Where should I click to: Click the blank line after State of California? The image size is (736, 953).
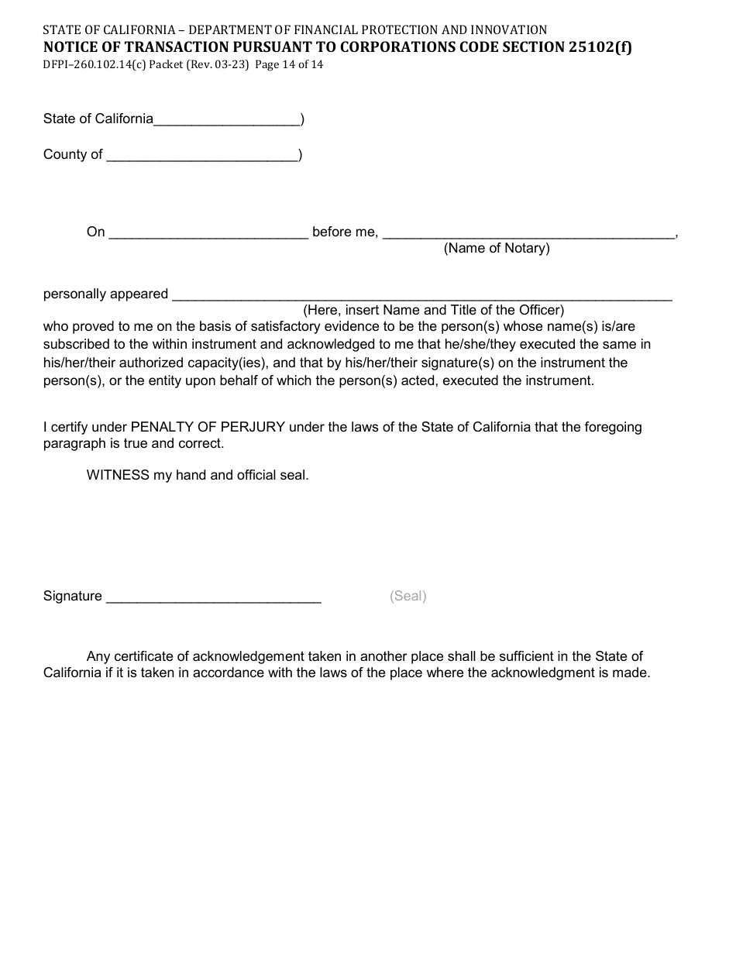point(227,121)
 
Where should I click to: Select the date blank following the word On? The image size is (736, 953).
point(208,234)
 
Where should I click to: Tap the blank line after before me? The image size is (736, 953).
point(528,234)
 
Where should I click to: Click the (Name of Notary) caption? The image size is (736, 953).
point(497,249)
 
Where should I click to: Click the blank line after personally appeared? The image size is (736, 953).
point(421,296)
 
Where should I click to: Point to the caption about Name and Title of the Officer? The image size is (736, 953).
point(433,311)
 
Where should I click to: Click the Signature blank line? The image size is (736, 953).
point(213,597)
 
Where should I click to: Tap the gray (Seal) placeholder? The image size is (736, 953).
point(408,596)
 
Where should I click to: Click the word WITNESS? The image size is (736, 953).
point(118,475)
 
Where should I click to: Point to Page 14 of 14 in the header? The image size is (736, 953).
point(289,65)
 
